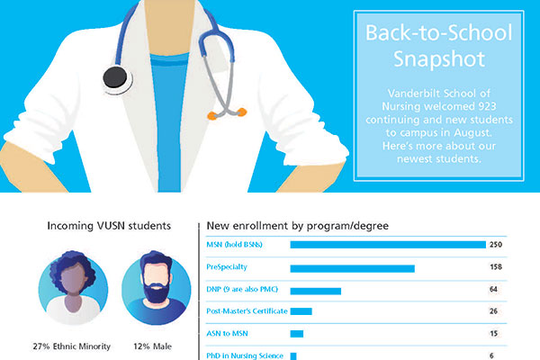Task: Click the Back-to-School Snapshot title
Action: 438,47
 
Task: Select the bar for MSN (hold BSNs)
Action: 387,245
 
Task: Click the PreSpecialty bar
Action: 352,267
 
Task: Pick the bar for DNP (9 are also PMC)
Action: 315,290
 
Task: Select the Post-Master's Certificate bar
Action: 301,311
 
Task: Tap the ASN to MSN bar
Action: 296,334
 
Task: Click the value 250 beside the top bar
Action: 494,245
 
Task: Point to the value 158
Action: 494,267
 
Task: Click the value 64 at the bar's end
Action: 493,290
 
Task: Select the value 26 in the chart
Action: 493,311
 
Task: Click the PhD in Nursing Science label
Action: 245,355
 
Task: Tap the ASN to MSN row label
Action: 229,334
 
